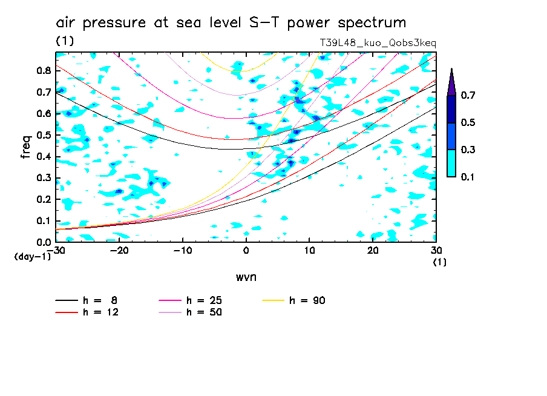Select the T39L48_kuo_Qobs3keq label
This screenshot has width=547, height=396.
point(378,43)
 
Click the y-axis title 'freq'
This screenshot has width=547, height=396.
point(25,147)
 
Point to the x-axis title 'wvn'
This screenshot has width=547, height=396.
point(246,277)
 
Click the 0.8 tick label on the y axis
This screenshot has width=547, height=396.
point(43,70)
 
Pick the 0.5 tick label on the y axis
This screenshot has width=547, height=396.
point(43,135)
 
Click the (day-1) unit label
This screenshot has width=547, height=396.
point(33,257)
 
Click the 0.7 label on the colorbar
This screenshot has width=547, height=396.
point(468,96)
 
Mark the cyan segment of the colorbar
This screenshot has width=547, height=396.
point(451,163)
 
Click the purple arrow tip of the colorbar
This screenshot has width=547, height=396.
point(451,82)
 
